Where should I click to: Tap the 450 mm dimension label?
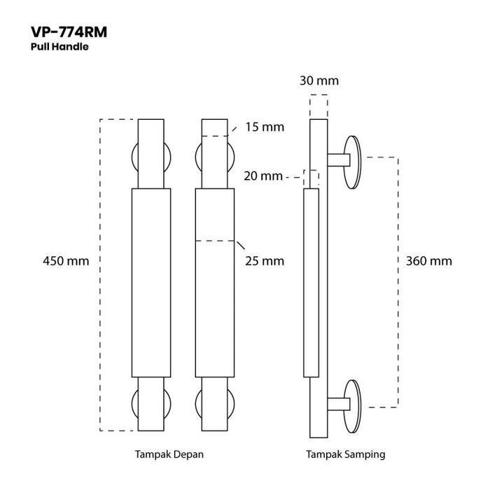tap(66, 261)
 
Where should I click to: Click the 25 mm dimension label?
tap(265, 261)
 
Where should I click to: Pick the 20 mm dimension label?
tap(262, 176)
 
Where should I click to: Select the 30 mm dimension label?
tap(318, 80)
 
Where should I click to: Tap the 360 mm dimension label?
tap(429, 261)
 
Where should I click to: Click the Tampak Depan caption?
tap(169, 454)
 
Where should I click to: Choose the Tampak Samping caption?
tap(345, 454)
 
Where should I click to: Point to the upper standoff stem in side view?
tap(337, 160)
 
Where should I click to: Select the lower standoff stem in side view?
tap(337, 404)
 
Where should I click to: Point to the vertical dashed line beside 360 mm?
tap(399, 280)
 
